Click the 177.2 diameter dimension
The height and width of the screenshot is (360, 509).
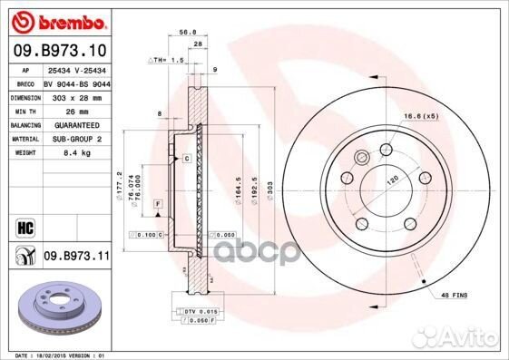120,186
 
